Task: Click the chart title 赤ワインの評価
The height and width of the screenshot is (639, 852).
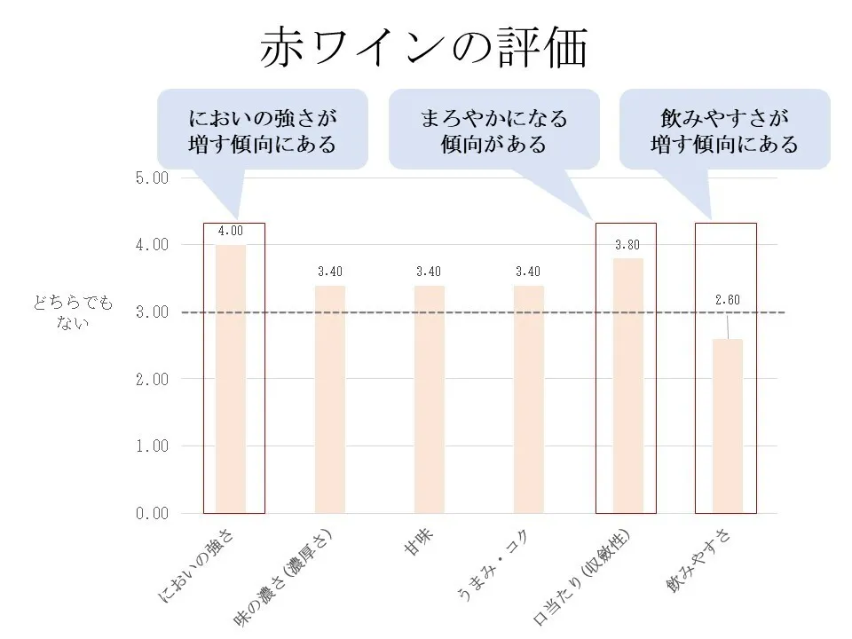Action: point(424,49)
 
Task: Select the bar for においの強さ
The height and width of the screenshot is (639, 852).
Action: point(231,379)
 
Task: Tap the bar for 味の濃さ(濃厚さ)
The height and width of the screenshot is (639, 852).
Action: point(330,399)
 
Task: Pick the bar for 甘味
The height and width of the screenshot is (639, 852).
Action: point(430,399)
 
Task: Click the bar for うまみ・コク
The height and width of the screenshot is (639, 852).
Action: point(529,399)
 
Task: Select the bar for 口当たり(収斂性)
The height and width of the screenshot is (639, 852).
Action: point(628,386)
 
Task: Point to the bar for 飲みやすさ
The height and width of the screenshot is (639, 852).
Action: point(728,426)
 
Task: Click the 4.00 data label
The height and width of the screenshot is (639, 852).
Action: point(231,231)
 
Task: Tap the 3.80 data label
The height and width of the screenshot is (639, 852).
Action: point(628,244)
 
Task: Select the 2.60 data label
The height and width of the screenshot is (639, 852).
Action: point(728,299)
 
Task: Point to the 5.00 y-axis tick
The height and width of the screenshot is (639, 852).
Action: point(151,177)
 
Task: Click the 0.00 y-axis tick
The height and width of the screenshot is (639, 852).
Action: point(151,513)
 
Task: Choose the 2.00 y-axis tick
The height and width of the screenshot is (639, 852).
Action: point(151,379)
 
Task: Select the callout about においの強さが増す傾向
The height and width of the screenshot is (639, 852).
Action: point(263,130)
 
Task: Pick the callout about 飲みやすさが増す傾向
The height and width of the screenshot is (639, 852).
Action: point(724,130)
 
